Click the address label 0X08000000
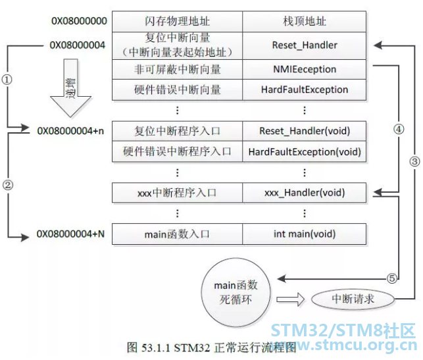pyautogui.click(x=79, y=21)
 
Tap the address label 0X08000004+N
pyautogui.click(x=70, y=234)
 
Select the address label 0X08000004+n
pyautogui.click(x=70, y=131)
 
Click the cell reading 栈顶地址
pyautogui.click(x=305, y=21)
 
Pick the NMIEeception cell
pyautogui.click(x=305, y=69)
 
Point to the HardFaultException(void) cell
pyautogui.click(x=305, y=151)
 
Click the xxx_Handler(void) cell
pyautogui.click(x=305, y=193)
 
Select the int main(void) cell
pyautogui.click(x=305, y=234)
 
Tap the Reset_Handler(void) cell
pyautogui.click(x=305, y=131)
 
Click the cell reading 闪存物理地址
pyautogui.click(x=177, y=21)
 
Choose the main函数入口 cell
pyautogui.click(x=177, y=234)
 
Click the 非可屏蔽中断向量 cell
pyautogui.click(x=177, y=69)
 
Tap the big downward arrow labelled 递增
pyautogui.click(x=70, y=88)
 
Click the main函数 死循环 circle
pyautogui.click(x=236, y=292)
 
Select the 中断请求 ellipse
pyautogui.click(x=353, y=299)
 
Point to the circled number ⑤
pyautogui.click(x=392, y=278)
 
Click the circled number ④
pyautogui.click(x=399, y=129)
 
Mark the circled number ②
pyautogui.click(x=7, y=185)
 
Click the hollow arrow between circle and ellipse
pyautogui.click(x=291, y=299)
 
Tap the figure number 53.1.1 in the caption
pyautogui.click(x=156, y=347)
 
